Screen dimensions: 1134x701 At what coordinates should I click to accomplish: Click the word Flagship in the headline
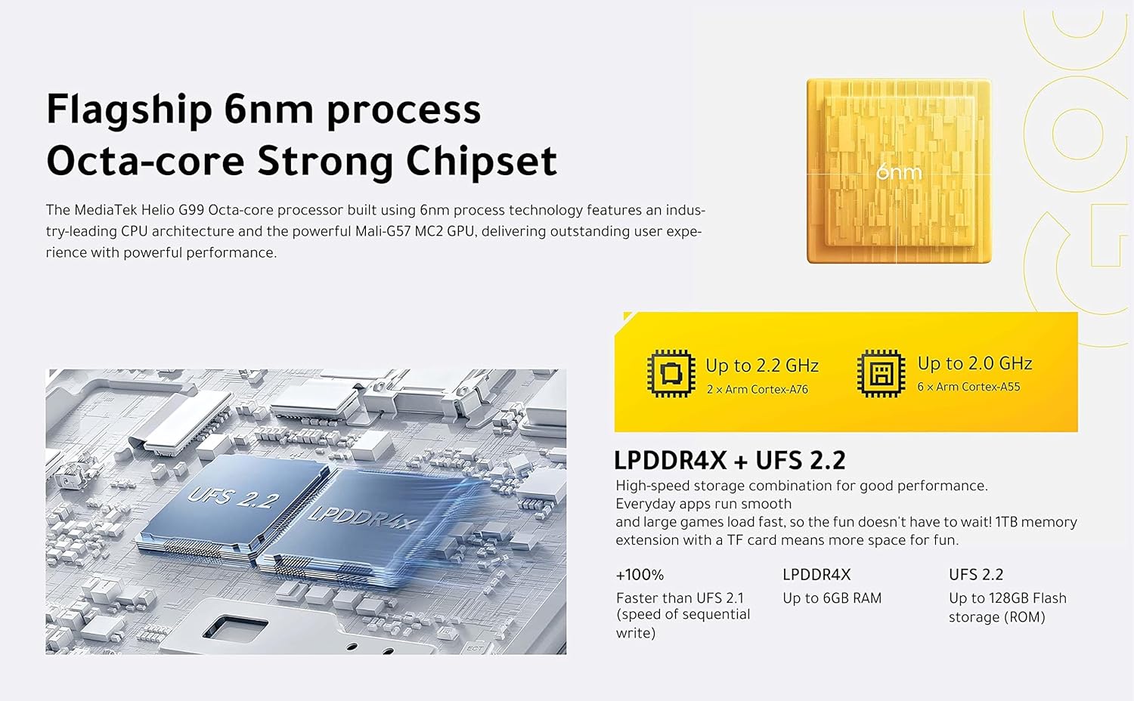coord(129,110)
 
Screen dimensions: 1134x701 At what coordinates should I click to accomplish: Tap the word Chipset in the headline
coord(482,162)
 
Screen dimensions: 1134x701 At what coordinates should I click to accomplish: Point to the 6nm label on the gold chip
coord(899,172)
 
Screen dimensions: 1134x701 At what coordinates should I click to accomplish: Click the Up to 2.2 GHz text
coord(762,365)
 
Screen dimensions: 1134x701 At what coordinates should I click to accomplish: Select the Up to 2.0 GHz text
coord(974,363)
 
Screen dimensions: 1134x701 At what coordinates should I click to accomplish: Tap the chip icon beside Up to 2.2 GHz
coord(671,373)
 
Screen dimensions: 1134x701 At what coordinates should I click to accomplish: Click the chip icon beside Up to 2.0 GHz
coord(881,373)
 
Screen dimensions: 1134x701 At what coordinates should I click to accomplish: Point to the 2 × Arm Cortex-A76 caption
coord(758,390)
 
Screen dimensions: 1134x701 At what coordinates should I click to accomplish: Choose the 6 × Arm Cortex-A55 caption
coord(968,387)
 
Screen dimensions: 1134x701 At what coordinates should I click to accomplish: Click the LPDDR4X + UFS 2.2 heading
coord(730,460)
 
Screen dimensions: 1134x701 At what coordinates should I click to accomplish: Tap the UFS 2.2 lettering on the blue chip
coord(233,499)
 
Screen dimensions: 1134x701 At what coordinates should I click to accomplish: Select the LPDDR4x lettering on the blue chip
coord(363,517)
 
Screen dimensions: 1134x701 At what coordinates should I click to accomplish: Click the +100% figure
coord(640,575)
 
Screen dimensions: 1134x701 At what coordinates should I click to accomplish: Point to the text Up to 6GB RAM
coord(832,598)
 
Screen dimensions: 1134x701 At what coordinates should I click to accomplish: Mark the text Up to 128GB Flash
coord(1008,598)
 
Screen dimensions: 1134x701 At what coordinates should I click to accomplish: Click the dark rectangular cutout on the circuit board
coord(235,627)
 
